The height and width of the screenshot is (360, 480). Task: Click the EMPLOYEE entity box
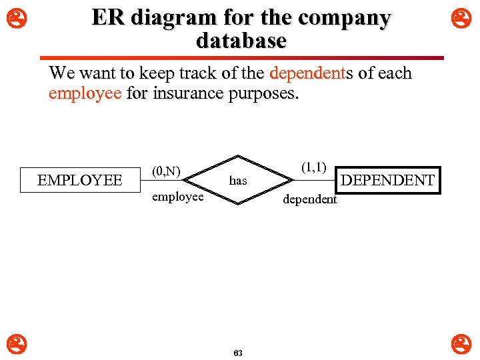[80, 180]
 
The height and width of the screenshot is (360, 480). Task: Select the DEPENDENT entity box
[387, 180]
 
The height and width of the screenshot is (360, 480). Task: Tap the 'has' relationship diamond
[238, 180]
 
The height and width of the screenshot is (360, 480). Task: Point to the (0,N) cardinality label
[166, 171]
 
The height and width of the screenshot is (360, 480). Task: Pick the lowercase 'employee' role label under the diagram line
[177, 197]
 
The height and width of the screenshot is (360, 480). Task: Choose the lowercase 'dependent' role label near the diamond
[310, 199]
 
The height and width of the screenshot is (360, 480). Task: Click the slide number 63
[238, 353]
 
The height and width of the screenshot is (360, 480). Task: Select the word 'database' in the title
[241, 41]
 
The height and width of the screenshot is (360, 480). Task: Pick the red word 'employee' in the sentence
[85, 93]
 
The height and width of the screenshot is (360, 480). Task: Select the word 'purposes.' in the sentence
[264, 93]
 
